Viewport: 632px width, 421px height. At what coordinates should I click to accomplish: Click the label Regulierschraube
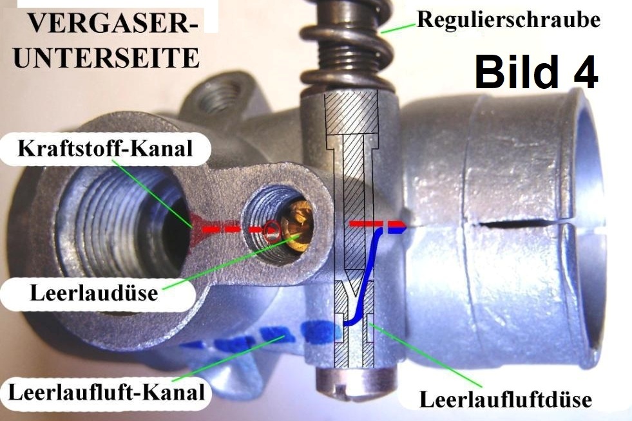tap(508, 20)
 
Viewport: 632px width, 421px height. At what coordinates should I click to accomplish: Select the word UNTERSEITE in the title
tap(106, 57)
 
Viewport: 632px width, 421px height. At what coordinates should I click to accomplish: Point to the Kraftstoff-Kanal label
tap(105, 149)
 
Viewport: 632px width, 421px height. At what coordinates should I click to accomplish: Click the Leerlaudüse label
tap(94, 293)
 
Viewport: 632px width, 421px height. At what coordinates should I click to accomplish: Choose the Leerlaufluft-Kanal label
tap(106, 392)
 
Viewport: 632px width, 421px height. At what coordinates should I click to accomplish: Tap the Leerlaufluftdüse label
tap(506, 400)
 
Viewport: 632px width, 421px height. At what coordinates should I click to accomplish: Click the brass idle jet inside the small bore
tap(297, 223)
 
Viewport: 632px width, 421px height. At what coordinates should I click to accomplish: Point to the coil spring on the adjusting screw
tap(347, 44)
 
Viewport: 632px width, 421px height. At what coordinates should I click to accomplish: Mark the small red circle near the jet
tap(273, 230)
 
